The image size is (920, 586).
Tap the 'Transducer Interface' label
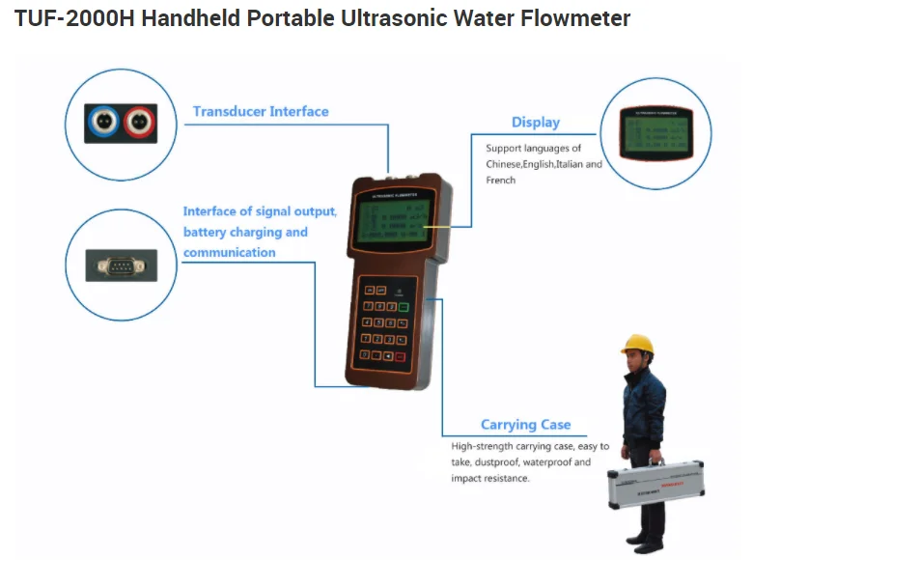(261, 112)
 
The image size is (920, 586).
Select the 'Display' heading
(536, 123)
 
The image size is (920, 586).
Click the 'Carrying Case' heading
(525, 425)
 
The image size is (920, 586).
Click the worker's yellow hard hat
(637, 345)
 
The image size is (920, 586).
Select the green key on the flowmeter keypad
(404, 309)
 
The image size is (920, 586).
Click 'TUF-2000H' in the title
(74, 18)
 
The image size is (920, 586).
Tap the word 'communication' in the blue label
(230, 253)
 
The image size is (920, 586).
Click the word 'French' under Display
(501, 181)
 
